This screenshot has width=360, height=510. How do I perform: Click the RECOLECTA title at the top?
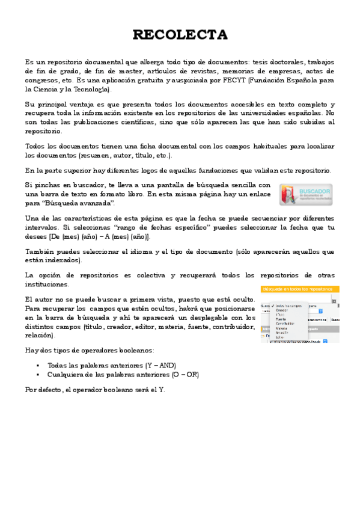click(x=180, y=35)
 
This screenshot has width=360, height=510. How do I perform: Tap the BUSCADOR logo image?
click(x=305, y=194)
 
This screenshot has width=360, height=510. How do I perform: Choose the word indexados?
click(x=64, y=260)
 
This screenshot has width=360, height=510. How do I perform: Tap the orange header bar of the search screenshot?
click(x=299, y=289)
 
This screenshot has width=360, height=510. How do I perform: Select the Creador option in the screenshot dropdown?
click(x=281, y=310)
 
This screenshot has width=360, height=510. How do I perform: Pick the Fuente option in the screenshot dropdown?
click(x=281, y=319)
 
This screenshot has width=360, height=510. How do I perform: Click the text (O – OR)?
click(x=185, y=374)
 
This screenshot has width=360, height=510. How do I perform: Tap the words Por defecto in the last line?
click(x=42, y=389)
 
